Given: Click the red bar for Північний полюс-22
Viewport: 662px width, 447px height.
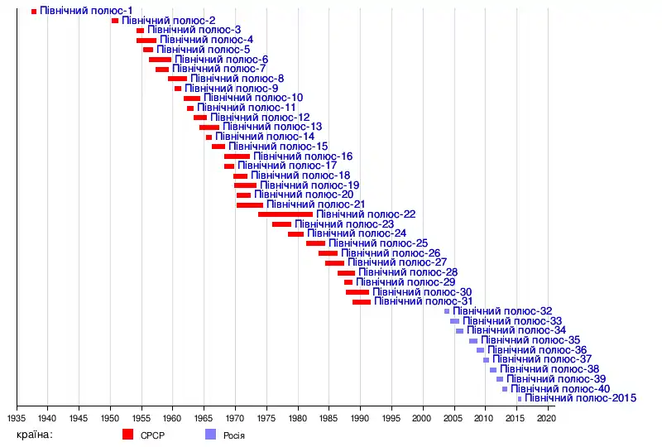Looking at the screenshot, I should pyautogui.click(x=285, y=214).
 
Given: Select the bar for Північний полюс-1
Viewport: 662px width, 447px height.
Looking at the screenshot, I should pyautogui.click(x=34, y=11).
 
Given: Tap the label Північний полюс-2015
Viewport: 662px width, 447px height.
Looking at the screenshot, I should pyautogui.click(x=580, y=398).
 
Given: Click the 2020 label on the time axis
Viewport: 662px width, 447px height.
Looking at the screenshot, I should pyautogui.click(x=546, y=419).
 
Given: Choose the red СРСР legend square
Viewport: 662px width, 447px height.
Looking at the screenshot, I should pyautogui.click(x=127, y=434).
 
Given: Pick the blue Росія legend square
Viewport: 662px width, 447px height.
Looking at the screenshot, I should pyautogui.click(x=210, y=434).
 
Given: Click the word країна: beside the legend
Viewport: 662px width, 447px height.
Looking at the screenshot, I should pyautogui.click(x=34, y=434).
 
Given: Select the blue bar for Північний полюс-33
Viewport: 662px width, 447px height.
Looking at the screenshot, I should pyautogui.click(x=454, y=321).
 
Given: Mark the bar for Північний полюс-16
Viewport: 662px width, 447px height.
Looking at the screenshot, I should pyautogui.click(x=237, y=156).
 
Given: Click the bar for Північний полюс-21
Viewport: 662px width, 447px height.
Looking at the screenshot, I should pyautogui.click(x=250, y=204).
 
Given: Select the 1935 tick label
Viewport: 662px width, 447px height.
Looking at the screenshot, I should pyautogui.click(x=17, y=419).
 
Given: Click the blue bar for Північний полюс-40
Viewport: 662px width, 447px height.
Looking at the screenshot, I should pyautogui.click(x=505, y=389).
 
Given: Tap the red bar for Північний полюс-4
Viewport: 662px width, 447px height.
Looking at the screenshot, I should pyautogui.click(x=146, y=40).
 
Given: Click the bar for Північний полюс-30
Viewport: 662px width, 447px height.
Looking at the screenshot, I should pyautogui.click(x=357, y=292).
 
